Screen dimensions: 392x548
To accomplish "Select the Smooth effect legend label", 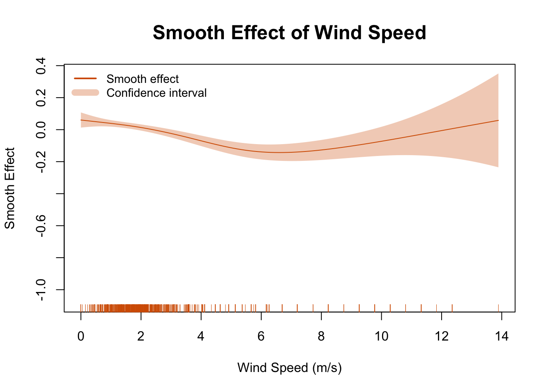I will [142, 79].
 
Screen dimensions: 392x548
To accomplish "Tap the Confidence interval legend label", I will [156, 93].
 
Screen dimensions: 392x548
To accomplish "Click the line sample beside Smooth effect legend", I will [85, 78].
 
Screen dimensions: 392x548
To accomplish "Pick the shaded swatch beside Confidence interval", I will [85, 93].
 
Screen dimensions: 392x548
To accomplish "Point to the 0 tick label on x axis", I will [81, 336].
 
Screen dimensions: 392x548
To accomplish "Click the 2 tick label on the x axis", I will [141, 336].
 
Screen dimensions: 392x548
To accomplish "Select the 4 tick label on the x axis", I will [201, 336].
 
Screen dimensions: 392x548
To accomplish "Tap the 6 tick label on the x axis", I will [261, 336].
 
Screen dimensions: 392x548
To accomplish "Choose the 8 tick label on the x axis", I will [321, 336].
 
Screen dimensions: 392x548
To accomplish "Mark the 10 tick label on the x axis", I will [381, 336].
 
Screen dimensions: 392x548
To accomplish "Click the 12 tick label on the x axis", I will [442, 336].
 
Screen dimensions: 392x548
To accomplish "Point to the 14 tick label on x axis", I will [502, 336].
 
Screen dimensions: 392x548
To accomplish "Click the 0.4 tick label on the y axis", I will [41, 66].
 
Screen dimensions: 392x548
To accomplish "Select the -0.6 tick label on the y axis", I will [41, 226].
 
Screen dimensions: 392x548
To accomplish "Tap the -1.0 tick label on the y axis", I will [41, 290].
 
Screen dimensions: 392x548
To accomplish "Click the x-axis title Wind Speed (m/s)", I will [289, 368].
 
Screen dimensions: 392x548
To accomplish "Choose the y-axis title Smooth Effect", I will [10, 188].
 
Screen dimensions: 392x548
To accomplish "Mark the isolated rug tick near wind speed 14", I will [499, 308].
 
